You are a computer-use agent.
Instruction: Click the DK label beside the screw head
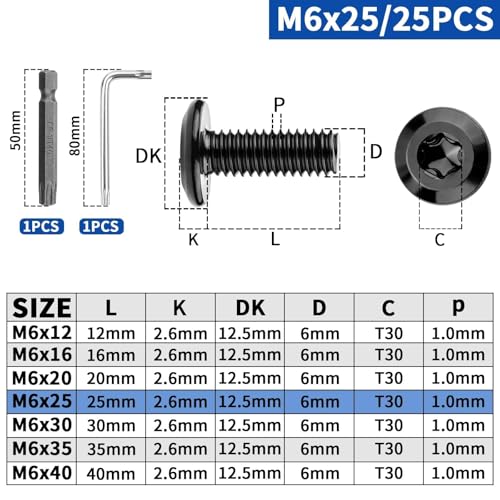point(149,156)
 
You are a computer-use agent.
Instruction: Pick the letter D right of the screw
point(376,152)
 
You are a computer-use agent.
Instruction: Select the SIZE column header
point(41,307)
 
